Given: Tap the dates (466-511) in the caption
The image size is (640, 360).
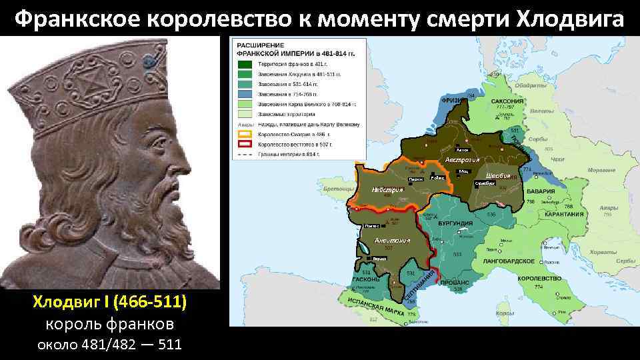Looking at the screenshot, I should click(150, 303).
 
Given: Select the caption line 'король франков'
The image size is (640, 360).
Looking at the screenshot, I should click(109, 324).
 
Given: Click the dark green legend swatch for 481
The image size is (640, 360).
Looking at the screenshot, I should click(245, 64).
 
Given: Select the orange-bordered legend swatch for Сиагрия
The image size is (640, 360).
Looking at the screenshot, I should click(245, 134).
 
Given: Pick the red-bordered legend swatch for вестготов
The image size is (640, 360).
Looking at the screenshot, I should click(245, 144).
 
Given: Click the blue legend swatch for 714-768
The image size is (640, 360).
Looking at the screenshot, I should click(245, 94).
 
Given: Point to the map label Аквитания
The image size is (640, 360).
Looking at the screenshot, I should click(391, 240).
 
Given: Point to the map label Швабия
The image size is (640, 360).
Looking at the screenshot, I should click(498, 176).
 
